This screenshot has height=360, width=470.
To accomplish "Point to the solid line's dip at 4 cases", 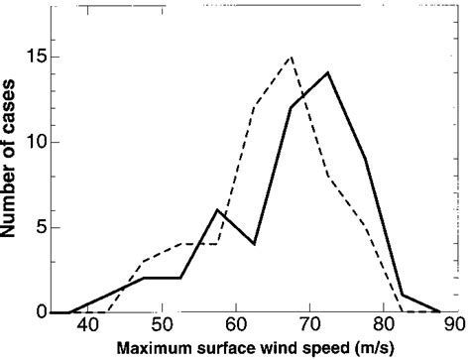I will click(x=254, y=244).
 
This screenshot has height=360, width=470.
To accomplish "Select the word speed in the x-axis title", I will click(x=320, y=348).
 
